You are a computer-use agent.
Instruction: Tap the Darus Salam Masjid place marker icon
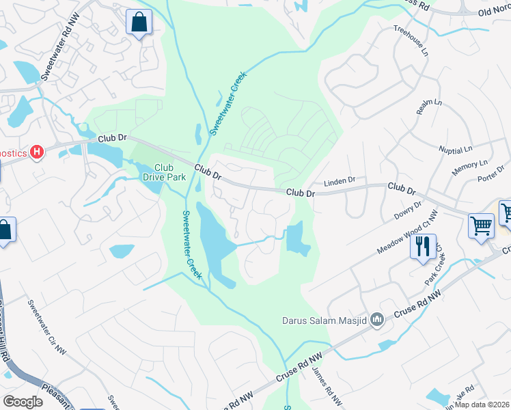tap(376, 320)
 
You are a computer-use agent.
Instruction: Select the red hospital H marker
tap(38, 152)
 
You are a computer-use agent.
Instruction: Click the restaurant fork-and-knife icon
tap(423, 246)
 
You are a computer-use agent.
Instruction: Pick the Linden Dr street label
tap(340, 182)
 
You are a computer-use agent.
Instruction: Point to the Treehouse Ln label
tap(409, 40)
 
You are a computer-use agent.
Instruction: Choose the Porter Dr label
tap(491, 175)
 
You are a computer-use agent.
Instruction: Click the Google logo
tap(23, 401)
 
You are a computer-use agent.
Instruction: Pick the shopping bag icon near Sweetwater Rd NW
tap(139, 23)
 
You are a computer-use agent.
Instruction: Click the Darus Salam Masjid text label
tap(324, 320)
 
